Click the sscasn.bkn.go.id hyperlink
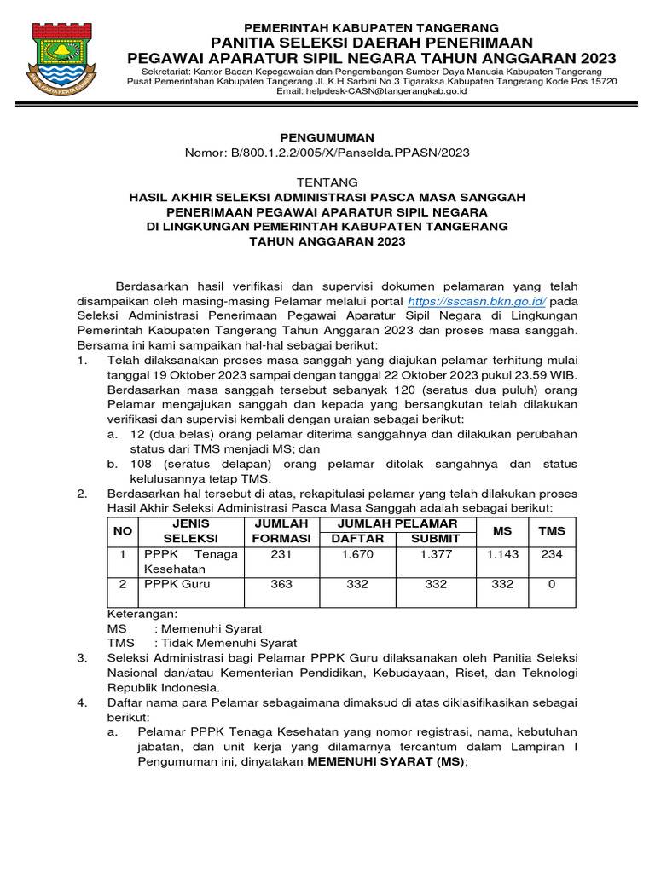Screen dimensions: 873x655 pos(478,302)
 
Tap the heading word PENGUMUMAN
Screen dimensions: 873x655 pos(327,137)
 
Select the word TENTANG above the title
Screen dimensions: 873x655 pos(327,182)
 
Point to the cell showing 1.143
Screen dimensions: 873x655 pos(503,555)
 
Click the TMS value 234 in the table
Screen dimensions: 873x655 pos(552,555)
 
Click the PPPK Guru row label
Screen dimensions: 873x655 pos(177,584)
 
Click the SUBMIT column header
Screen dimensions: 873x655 pos(435,539)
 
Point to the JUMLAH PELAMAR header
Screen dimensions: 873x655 pos(397,523)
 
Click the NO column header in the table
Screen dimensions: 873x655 pos(123,530)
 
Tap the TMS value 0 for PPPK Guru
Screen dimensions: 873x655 pos(552,584)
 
